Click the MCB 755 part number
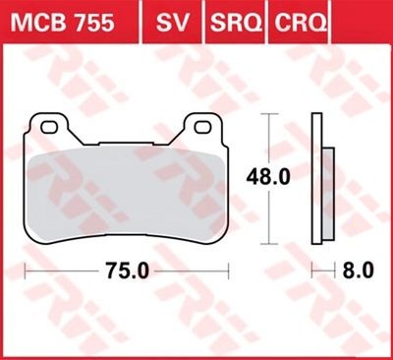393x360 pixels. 63,23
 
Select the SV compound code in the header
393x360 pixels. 173,23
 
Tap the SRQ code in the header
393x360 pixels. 236,23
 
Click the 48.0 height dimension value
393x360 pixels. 268,177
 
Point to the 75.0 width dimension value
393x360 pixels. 127,271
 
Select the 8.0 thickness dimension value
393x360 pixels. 358,271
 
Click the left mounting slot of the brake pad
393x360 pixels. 49,127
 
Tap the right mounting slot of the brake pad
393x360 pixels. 202,127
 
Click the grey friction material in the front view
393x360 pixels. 126,194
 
